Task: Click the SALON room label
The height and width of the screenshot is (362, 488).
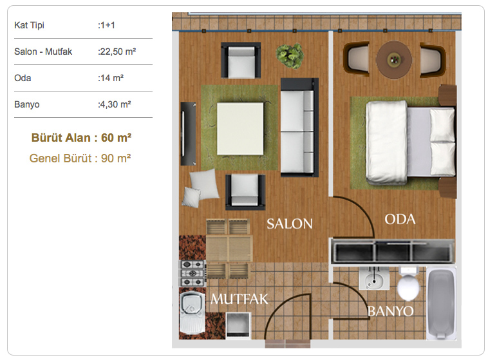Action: (x=290, y=224)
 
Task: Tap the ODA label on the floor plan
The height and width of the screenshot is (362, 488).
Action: (x=400, y=220)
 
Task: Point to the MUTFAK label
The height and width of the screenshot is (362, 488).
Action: (x=239, y=299)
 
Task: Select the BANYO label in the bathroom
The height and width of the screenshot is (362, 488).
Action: (x=391, y=311)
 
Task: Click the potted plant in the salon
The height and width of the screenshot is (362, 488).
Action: (x=290, y=55)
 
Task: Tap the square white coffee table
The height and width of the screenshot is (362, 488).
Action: (x=240, y=129)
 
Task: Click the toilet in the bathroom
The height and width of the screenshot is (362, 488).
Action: (x=408, y=283)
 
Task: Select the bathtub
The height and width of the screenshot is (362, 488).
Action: (x=441, y=303)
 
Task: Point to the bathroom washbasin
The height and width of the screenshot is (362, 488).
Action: (x=374, y=278)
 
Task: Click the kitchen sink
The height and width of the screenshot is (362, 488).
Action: (x=192, y=312)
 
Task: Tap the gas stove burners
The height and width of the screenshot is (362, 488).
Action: (x=192, y=273)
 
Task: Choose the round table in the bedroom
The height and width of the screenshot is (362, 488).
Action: (x=394, y=59)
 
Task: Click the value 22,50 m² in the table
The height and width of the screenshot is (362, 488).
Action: (x=117, y=52)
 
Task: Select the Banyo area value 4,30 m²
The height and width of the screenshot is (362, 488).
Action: (x=115, y=104)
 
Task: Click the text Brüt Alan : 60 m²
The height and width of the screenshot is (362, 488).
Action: (x=81, y=138)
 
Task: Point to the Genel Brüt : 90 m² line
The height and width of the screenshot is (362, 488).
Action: (x=80, y=158)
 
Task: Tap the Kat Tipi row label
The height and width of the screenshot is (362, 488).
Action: (x=29, y=25)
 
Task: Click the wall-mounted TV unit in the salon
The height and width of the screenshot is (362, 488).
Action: (x=188, y=133)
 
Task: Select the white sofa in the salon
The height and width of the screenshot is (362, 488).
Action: (x=299, y=128)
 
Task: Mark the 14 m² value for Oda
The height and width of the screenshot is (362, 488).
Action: (x=111, y=78)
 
